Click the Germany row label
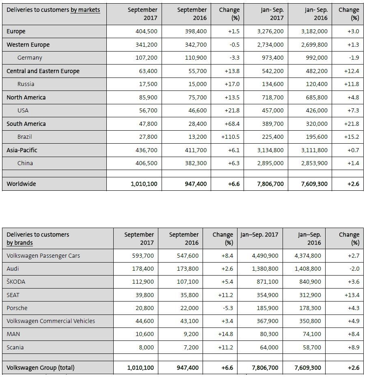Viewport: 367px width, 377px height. coord(30,58)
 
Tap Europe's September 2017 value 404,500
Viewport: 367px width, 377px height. coord(146,31)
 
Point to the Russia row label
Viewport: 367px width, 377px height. coord(26,84)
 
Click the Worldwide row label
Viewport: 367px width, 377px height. coord(21,184)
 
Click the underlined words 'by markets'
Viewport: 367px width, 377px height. coord(85,10)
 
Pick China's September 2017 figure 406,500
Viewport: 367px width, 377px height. coord(146,163)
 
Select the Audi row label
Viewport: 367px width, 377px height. coord(13,269)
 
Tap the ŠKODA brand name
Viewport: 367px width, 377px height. coord(16,282)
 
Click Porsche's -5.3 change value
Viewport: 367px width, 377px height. coord(227,308)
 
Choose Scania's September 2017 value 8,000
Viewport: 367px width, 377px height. coord(146,347)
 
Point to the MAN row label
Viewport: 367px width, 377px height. coord(13,334)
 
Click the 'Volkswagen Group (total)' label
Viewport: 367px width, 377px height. coord(41,368)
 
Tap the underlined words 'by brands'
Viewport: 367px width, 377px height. coord(19,243)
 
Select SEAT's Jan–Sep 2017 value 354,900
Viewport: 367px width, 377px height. coord(267,295)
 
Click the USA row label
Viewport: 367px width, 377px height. coord(23,111)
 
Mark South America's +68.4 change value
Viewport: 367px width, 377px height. coord(232,124)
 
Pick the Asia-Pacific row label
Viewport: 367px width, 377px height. coord(22,150)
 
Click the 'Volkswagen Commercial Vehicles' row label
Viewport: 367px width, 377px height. coord(51,321)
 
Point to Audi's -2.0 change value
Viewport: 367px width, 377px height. coord(354,269)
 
